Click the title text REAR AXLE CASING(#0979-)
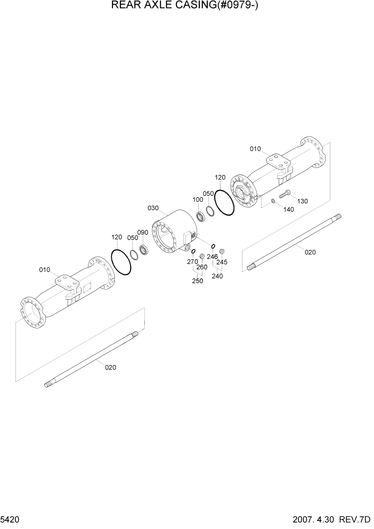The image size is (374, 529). [x=186, y=6]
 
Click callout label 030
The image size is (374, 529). [x=153, y=208]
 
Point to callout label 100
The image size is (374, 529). [x=198, y=199]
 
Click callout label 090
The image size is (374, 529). [x=142, y=233]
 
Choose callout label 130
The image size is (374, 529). [x=303, y=201]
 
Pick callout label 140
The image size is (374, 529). [x=288, y=210]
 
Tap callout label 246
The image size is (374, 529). [x=212, y=257]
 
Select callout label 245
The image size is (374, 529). [x=222, y=262]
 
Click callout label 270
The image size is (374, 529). [x=192, y=262]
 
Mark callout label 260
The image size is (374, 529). [x=201, y=267]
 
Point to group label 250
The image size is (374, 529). [x=197, y=281]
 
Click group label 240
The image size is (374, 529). [x=217, y=276]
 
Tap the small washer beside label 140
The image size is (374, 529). [x=273, y=201]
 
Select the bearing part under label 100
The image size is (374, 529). [x=201, y=216]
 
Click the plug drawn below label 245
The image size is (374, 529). [x=222, y=252]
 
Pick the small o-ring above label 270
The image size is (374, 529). [x=193, y=252]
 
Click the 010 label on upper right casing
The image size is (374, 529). [x=255, y=149]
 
